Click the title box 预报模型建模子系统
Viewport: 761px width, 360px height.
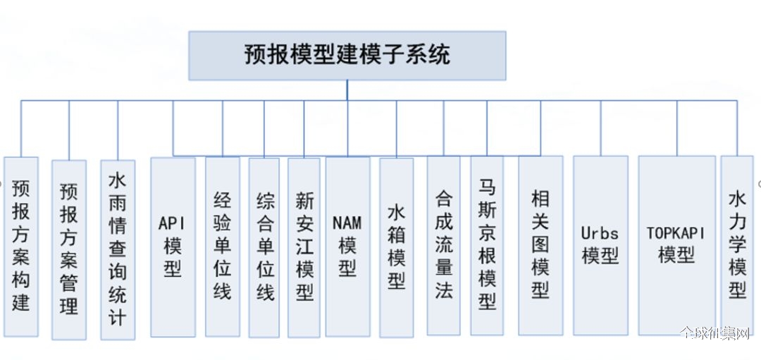[x=347, y=56]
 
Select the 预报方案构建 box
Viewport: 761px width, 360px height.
[x=21, y=247]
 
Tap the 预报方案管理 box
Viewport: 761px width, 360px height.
[x=69, y=249]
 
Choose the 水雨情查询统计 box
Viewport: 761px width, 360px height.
[x=118, y=249]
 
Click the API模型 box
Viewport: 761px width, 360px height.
[x=173, y=247]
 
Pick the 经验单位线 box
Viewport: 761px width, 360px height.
[x=222, y=247]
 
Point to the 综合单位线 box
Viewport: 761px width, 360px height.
[x=264, y=247]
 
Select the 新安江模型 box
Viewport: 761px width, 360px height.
[x=304, y=247]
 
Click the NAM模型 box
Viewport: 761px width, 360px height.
[x=347, y=247]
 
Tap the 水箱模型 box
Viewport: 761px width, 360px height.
[x=397, y=247]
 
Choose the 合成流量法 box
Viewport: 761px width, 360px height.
[x=444, y=245]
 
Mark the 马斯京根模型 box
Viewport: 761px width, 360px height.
[x=487, y=245]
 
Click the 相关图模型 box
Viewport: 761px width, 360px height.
[x=540, y=245]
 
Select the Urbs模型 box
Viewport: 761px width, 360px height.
[x=600, y=245]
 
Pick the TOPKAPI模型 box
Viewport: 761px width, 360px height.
[x=676, y=245]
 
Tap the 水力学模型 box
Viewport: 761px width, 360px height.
[x=737, y=245]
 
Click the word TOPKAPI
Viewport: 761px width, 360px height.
[x=676, y=233]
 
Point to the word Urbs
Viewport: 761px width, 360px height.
[x=600, y=233]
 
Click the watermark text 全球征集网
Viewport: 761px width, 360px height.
[x=715, y=334]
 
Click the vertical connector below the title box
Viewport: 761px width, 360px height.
[x=347, y=90]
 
